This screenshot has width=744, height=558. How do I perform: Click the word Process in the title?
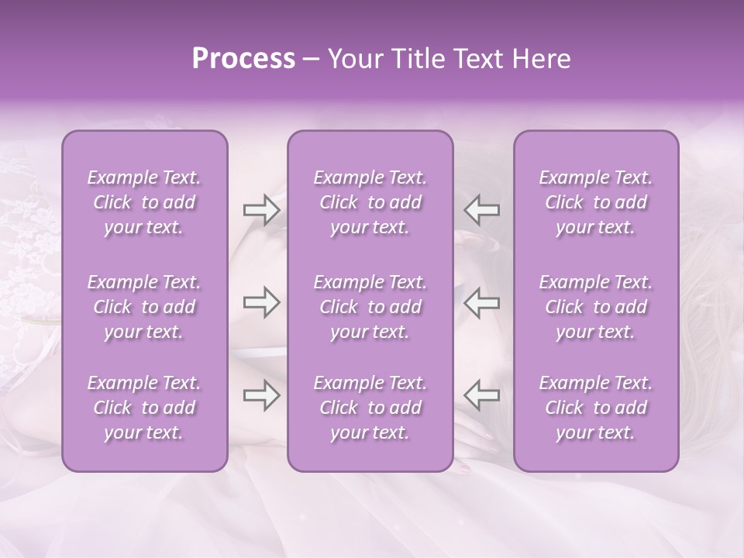pyautogui.click(x=243, y=59)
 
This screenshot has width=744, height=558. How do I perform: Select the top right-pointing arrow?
pyautogui.click(x=261, y=209)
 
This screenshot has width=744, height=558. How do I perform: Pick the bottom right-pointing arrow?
pyautogui.click(x=261, y=396)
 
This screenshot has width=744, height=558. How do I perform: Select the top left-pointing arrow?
pyautogui.click(x=481, y=209)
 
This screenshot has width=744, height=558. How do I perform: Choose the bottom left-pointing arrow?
pyautogui.click(x=481, y=396)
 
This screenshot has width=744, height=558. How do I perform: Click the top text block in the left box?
pyautogui.click(x=144, y=202)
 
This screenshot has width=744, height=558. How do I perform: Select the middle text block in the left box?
pyautogui.click(x=144, y=307)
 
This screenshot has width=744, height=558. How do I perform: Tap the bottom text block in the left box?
pyautogui.click(x=144, y=408)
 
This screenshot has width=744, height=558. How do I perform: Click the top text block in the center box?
pyautogui.click(x=370, y=202)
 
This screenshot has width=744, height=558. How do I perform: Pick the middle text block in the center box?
pyautogui.click(x=370, y=307)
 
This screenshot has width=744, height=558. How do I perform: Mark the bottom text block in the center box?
pyautogui.click(x=370, y=408)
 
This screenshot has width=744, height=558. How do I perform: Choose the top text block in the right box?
pyautogui.click(x=595, y=202)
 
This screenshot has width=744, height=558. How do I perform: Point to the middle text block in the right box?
pyautogui.click(x=595, y=307)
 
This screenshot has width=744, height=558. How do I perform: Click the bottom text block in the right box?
pyautogui.click(x=595, y=408)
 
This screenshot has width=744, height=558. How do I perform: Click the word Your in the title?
pyautogui.click(x=354, y=59)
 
